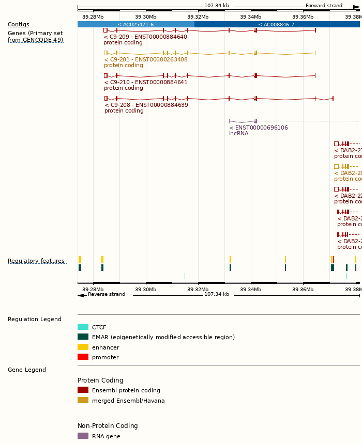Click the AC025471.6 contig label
pyautogui.click(x=135, y=25)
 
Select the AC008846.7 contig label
pyautogui.click(x=276, y=25)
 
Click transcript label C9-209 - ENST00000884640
pyautogui.click(x=145, y=37)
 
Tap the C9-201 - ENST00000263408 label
pyautogui.click(x=145, y=59)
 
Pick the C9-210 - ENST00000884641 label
pyautogui.click(x=145, y=82)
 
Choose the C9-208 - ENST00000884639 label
pyautogui.click(x=146, y=105)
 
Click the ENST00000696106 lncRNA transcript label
pyautogui.click(x=259, y=128)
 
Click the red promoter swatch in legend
pyautogui.click(x=83, y=357)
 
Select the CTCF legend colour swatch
pyautogui.click(x=83, y=327)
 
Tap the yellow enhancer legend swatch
pyautogui.click(x=83, y=347)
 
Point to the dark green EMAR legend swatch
pyautogui.click(x=83, y=337)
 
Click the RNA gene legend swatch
pyautogui.click(x=83, y=436)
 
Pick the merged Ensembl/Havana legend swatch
pyautogui.click(x=83, y=401)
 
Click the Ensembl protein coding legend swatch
pyautogui.click(x=83, y=390)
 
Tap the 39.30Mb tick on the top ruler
pyautogui.click(x=145, y=17)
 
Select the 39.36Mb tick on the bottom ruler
pyautogui.click(x=303, y=290)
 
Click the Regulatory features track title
pyautogui.click(x=36, y=261)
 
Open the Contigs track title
pyautogui.click(x=19, y=25)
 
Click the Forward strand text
pyautogui.click(x=324, y=6)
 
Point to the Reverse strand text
pyautogui.click(x=107, y=294)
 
